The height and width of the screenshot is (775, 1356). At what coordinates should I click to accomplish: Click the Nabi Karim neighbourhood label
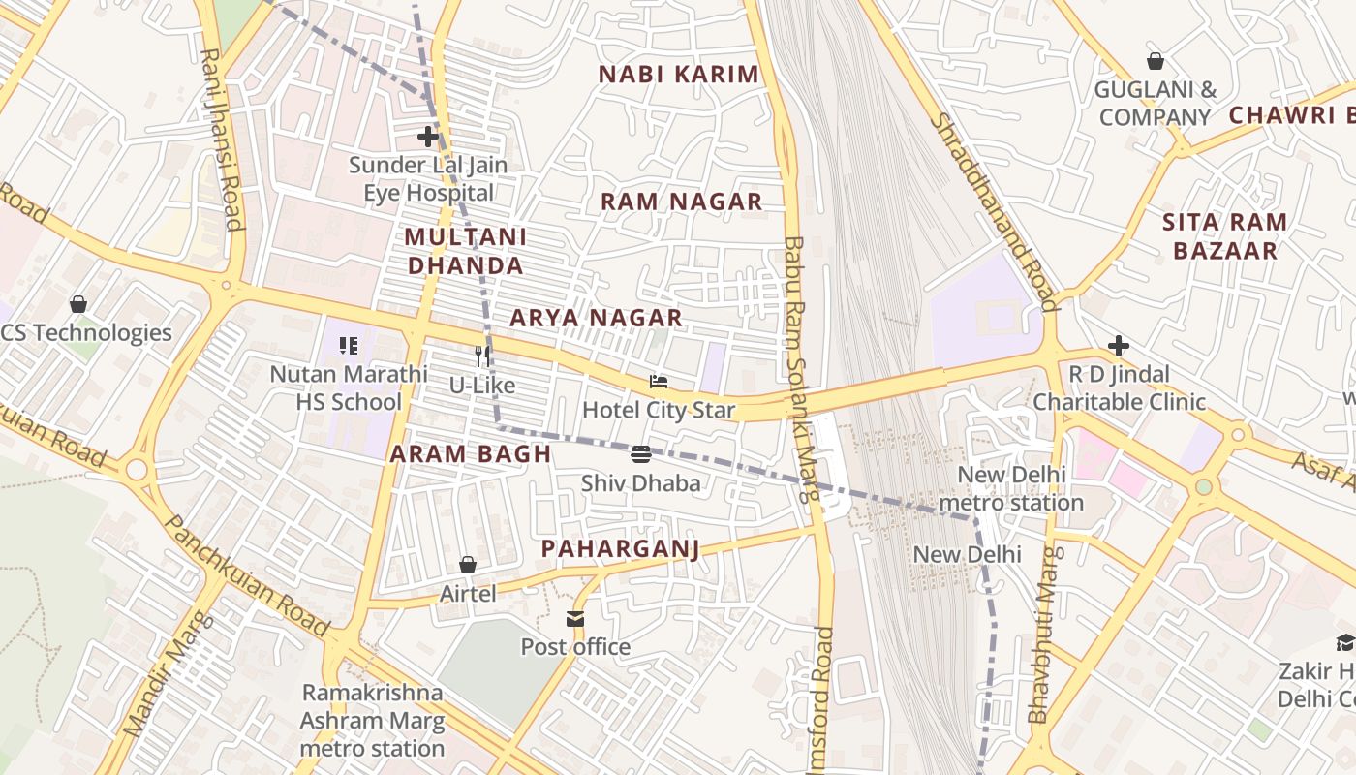point(678,75)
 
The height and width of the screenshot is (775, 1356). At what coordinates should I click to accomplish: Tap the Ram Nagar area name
point(681,202)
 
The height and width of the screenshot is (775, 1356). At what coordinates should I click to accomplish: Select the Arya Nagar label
point(596,318)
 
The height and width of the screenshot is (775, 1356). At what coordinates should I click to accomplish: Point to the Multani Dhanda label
point(465,251)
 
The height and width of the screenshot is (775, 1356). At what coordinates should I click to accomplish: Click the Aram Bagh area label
point(471,454)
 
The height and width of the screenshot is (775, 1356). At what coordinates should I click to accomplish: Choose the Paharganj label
point(620,549)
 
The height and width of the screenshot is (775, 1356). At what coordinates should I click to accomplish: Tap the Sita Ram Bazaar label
point(1224,236)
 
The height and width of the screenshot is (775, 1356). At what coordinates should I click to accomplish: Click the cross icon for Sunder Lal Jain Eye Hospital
point(428,137)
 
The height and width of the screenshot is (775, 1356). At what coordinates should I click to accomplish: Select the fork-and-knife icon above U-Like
point(481,356)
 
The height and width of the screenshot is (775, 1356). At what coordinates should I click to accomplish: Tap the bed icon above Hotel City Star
point(659,382)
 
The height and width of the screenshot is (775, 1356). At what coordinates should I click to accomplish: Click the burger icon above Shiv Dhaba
point(640,453)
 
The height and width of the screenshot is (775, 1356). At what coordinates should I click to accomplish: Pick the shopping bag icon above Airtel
point(468,565)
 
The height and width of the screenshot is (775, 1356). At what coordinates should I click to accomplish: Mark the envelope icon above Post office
point(575,618)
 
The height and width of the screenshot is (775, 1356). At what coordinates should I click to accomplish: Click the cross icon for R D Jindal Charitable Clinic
point(1119,346)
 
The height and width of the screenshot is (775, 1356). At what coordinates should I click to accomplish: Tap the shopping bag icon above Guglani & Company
point(1155,62)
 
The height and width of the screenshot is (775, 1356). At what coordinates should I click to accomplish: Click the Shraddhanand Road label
point(994,211)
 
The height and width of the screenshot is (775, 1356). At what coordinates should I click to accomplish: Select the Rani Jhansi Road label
point(221,140)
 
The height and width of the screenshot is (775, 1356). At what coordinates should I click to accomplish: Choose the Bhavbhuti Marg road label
point(1045,635)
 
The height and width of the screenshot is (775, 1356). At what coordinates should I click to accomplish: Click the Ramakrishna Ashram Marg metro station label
point(372,721)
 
